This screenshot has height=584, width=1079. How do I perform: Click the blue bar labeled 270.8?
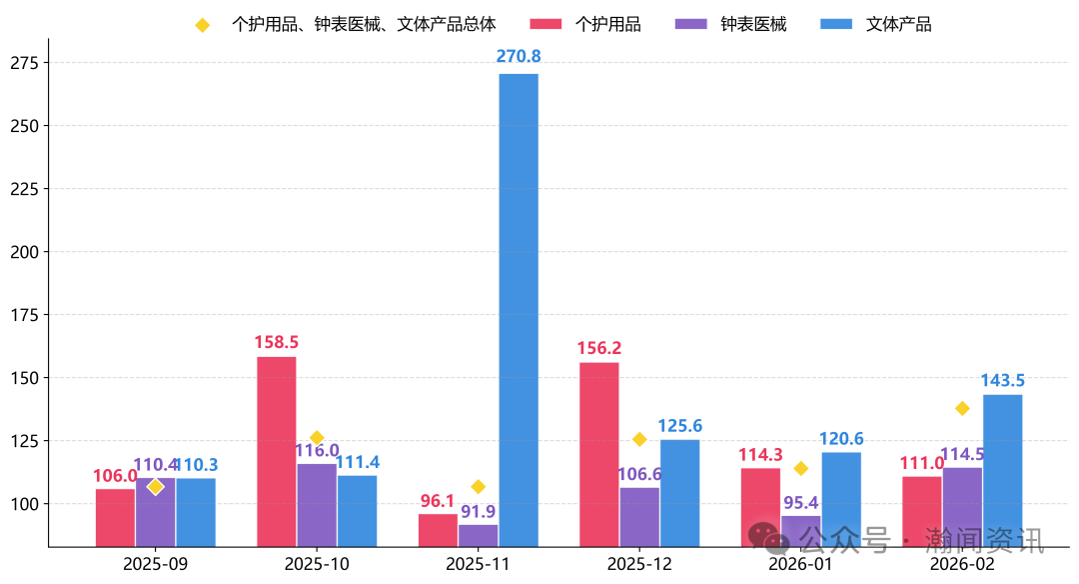tap(519, 310)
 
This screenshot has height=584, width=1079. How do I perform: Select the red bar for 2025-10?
tap(277, 451)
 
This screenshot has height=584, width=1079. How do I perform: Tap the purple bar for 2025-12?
tap(639, 516)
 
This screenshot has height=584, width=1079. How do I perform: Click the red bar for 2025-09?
tap(115, 517)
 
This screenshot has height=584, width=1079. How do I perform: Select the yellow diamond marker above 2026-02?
tap(962, 408)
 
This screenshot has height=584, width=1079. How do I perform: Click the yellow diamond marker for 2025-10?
tap(317, 438)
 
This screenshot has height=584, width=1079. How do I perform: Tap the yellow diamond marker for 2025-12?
tap(639, 439)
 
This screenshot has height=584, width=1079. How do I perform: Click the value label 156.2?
tap(599, 348)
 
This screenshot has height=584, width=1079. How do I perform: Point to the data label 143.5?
tap(1003, 381)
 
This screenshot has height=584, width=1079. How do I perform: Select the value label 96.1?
tap(438, 501)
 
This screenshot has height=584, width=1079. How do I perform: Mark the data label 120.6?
tap(841, 439)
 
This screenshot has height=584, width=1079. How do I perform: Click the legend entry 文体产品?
tap(898, 24)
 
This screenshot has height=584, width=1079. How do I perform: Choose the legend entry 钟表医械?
tap(753, 24)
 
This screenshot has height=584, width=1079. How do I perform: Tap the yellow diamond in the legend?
tap(202, 25)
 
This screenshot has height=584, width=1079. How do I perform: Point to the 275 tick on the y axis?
tap(24, 63)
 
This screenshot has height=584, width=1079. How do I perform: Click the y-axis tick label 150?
tap(24, 378)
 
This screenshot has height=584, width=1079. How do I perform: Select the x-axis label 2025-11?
tap(478, 564)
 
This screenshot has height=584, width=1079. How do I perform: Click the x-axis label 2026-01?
tap(800, 564)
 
